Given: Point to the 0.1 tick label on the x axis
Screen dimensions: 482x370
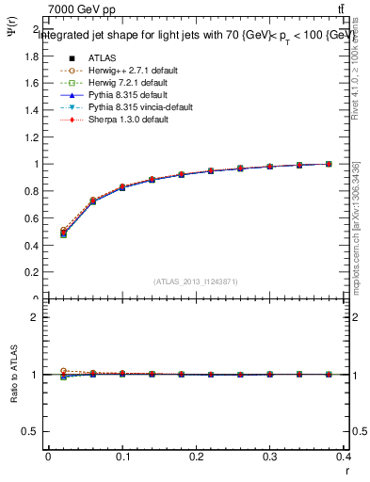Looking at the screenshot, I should tap(122, 459).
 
